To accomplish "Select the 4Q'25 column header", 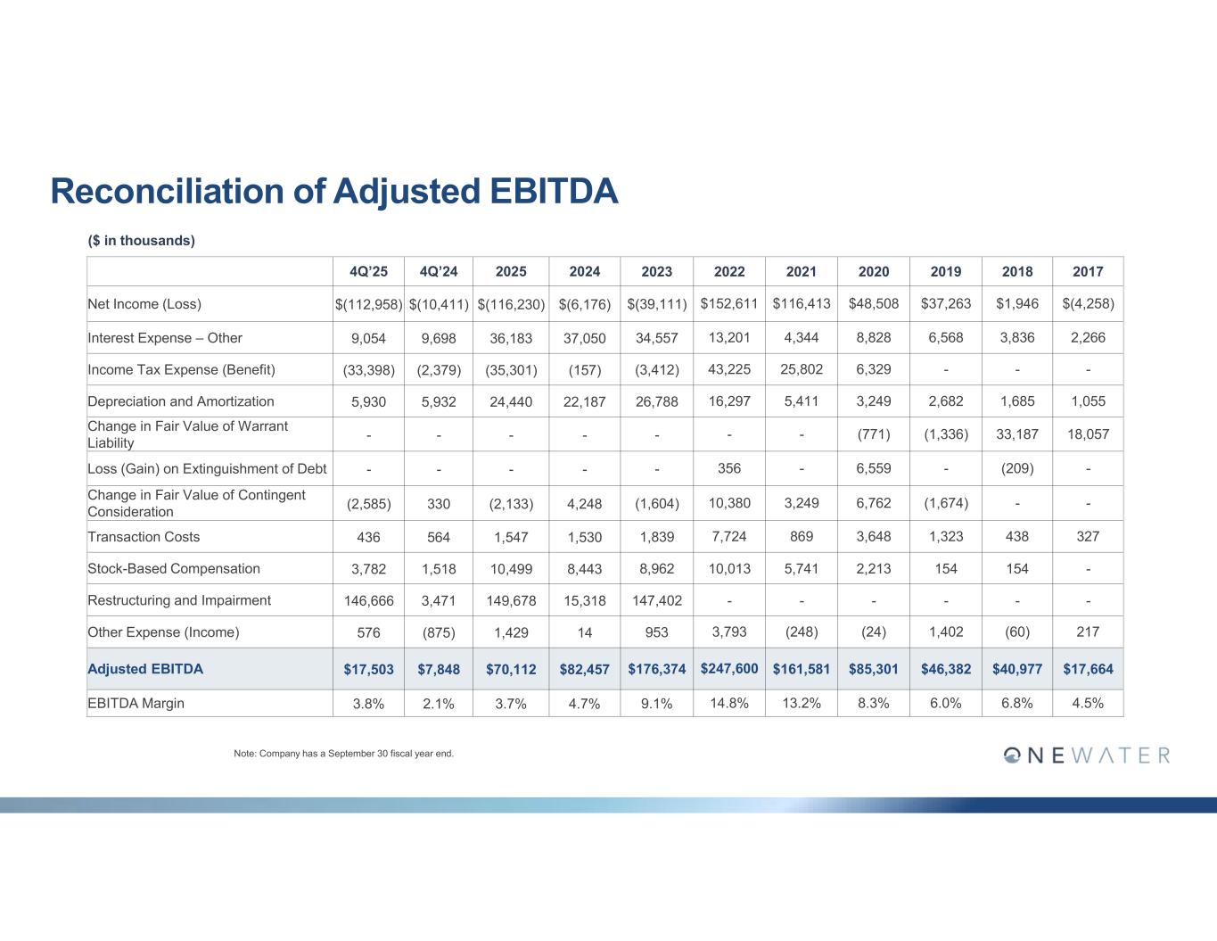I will (x=368, y=272).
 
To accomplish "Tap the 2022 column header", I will (x=729, y=272).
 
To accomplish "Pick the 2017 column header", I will (x=1088, y=272).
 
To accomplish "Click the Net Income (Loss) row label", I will (x=144, y=304).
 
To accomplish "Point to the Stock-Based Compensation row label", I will (x=174, y=569).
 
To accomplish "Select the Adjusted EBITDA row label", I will (x=145, y=669).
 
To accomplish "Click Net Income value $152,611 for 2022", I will (x=729, y=303).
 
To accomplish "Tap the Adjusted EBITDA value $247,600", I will (x=729, y=668).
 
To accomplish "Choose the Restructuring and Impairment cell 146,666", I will (x=368, y=601).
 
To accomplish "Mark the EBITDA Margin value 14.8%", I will (x=729, y=703).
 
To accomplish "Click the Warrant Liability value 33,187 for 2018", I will (x=1016, y=434).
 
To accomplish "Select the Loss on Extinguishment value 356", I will (x=729, y=468).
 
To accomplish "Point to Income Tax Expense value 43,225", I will (x=729, y=369).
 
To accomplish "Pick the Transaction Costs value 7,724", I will (x=729, y=537).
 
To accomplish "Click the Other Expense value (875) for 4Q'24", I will (x=439, y=632).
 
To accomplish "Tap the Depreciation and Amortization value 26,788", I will (x=656, y=401).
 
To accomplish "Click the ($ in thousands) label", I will (x=142, y=241).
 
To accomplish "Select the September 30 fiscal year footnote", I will (x=343, y=754).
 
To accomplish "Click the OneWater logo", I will (x=1086, y=755).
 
